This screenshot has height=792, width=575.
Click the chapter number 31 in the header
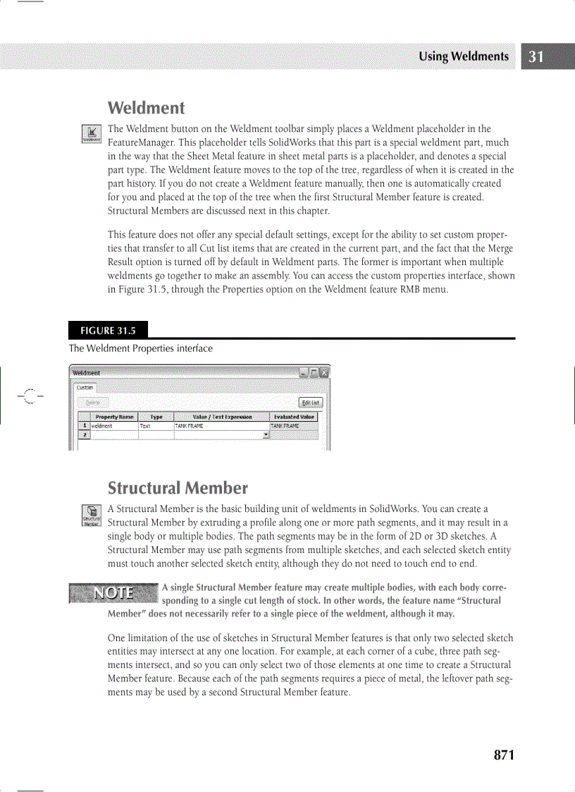point(536,57)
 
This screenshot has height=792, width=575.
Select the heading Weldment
point(146,108)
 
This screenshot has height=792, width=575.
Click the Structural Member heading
point(178,488)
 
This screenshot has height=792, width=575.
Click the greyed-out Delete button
point(94,403)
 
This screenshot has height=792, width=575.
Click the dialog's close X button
point(325,372)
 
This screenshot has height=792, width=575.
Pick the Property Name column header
point(114,417)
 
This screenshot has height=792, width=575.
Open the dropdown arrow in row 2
point(266,435)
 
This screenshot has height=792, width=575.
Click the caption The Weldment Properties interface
point(140,348)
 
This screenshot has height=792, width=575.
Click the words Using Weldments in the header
point(463,57)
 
